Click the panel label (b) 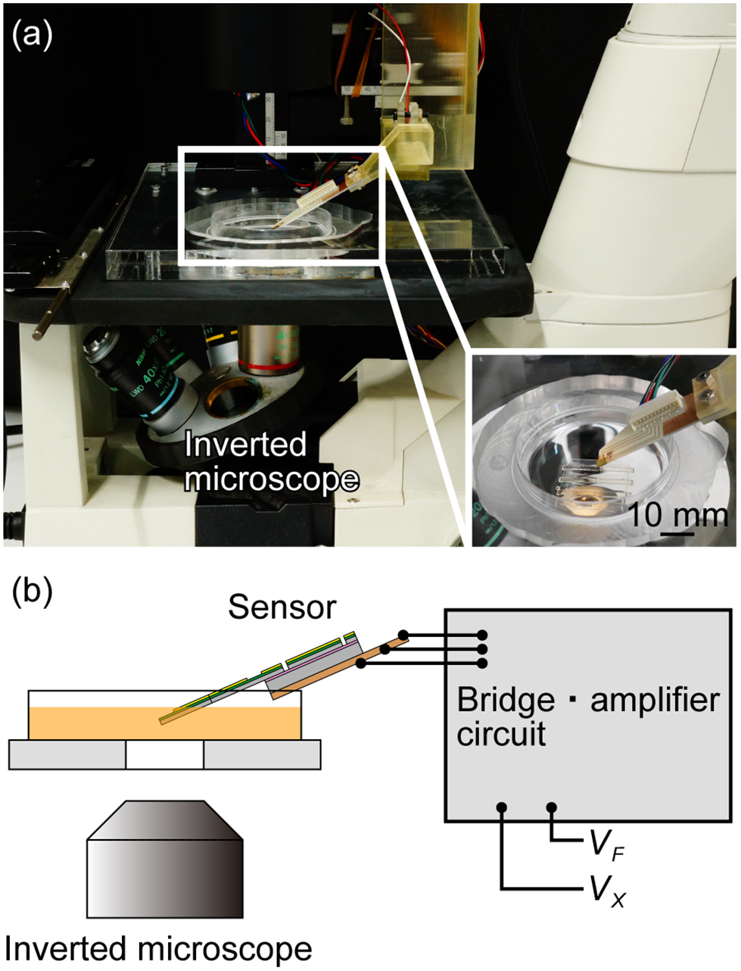coord(33,592)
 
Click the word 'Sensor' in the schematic coord(282,607)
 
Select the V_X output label coord(606,886)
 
